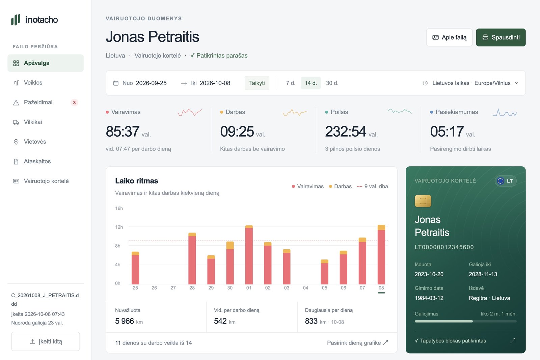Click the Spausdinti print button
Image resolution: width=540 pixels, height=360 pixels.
(x=501, y=37)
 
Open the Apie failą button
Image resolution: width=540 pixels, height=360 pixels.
(x=449, y=37)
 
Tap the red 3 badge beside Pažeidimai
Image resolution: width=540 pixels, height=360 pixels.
(x=74, y=103)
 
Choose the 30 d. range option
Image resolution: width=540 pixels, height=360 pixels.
(x=332, y=83)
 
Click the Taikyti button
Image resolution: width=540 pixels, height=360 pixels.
(x=257, y=83)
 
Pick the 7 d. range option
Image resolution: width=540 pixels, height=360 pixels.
(x=291, y=83)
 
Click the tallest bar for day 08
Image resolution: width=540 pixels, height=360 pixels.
(x=381, y=254)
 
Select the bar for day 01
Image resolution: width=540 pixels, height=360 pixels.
(x=249, y=255)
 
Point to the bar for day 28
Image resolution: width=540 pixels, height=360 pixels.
(x=192, y=258)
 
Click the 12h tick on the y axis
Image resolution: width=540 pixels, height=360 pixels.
(x=119, y=227)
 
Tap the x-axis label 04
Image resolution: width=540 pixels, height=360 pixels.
(x=305, y=288)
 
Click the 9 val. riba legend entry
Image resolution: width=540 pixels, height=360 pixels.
(x=373, y=186)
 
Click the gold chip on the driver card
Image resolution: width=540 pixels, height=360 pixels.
(x=423, y=201)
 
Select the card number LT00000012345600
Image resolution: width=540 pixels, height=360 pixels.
(x=444, y=247)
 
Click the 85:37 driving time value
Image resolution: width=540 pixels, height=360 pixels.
(x=123, y=131)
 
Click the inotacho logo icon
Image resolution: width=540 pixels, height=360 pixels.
(x=16, y=20)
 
